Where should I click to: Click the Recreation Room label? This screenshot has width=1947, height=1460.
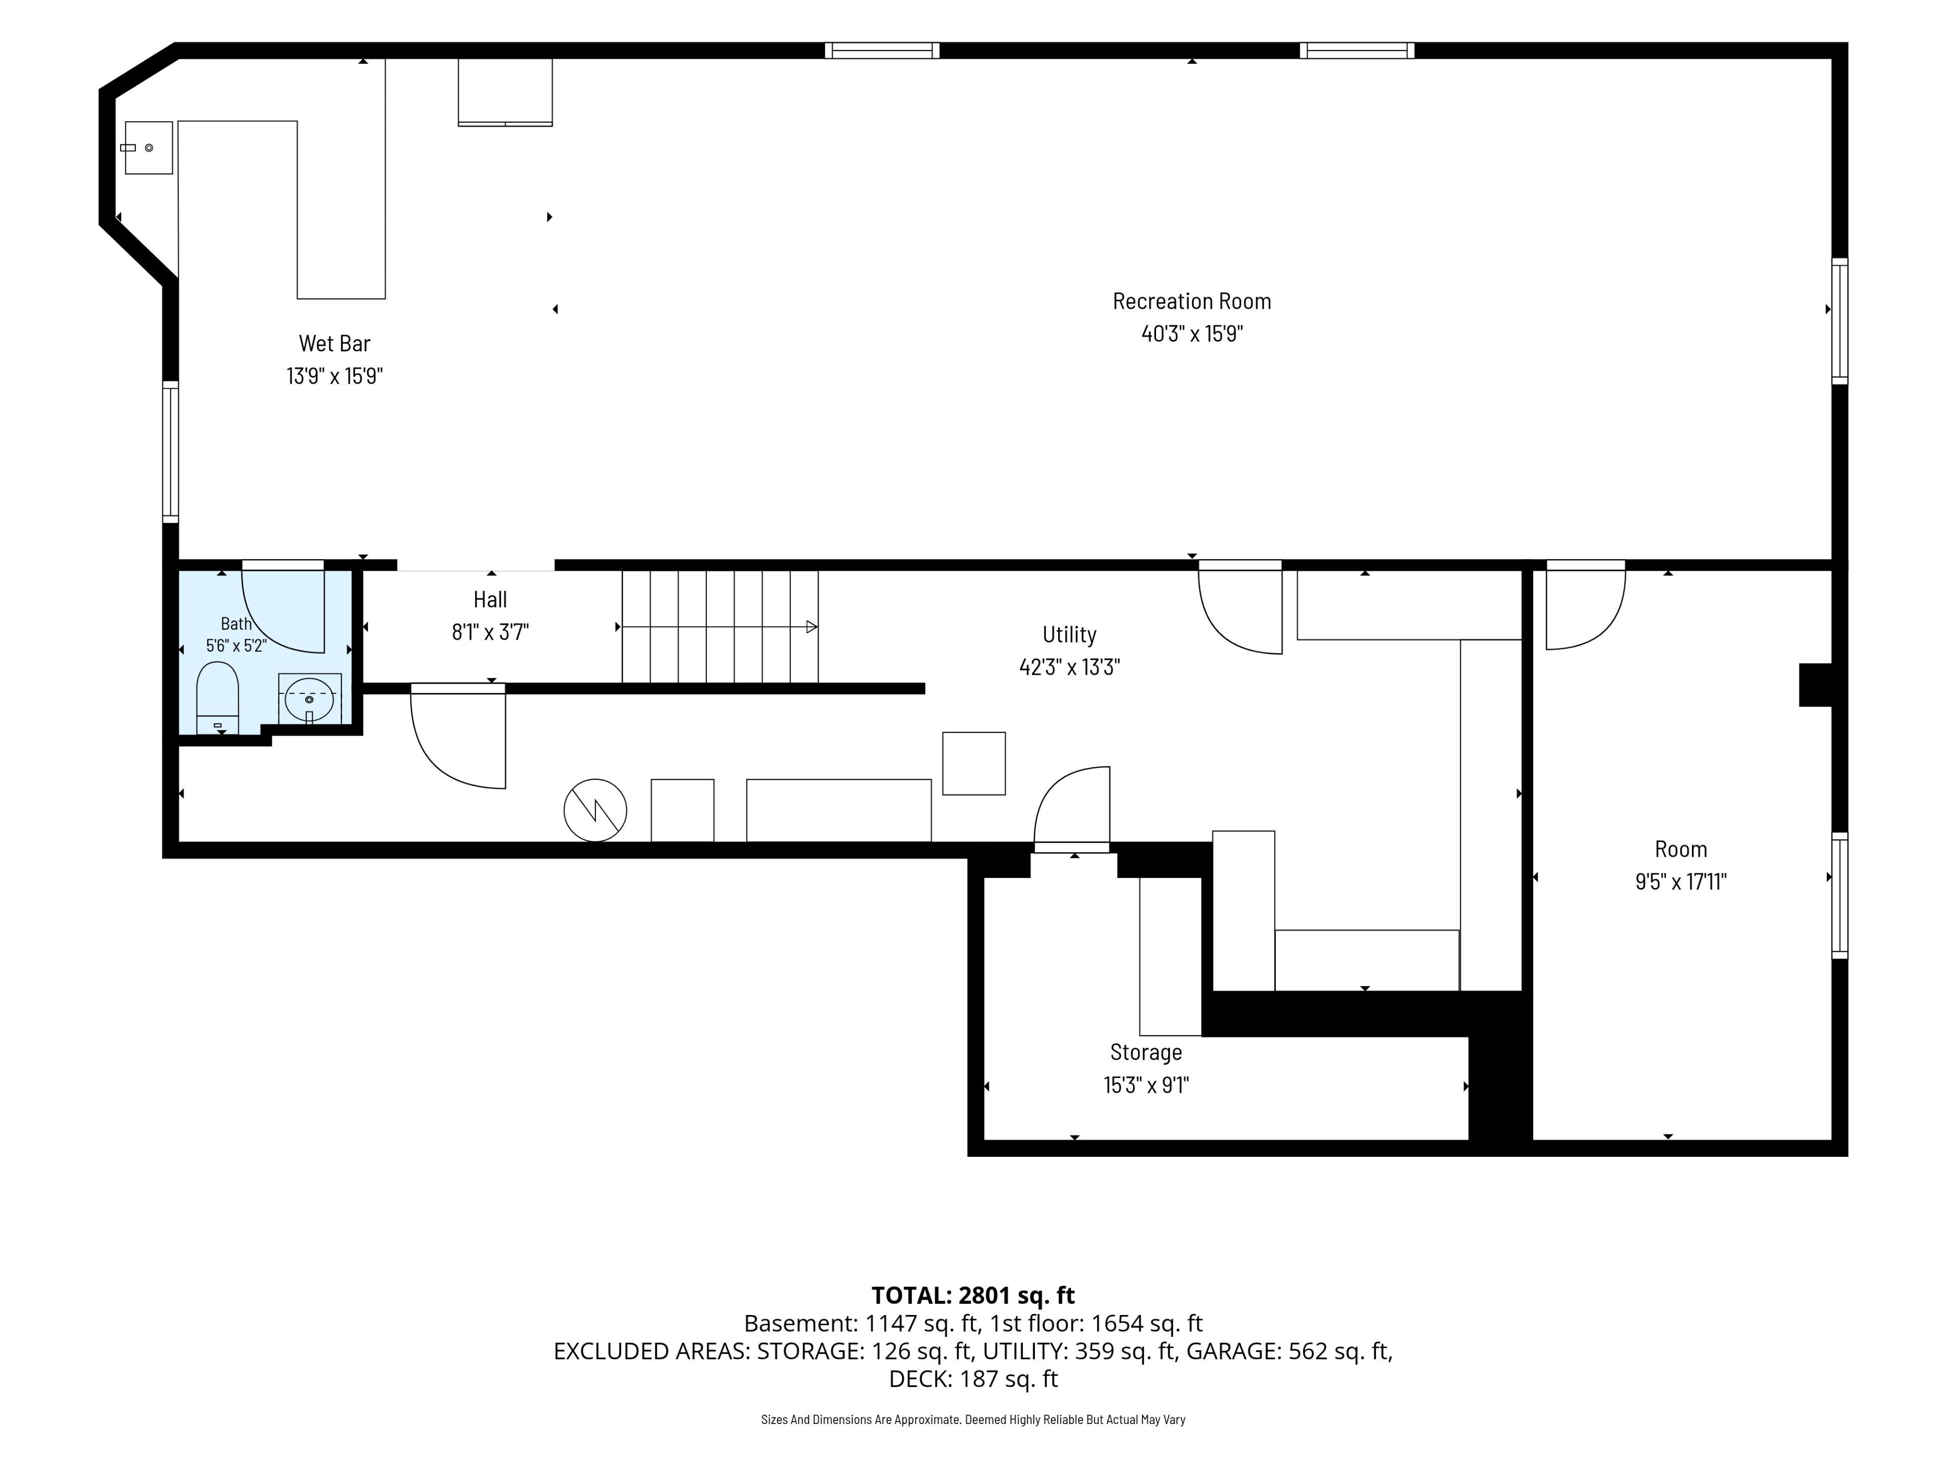point(1192,301)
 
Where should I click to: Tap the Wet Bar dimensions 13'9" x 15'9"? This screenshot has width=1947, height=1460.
point(335,376)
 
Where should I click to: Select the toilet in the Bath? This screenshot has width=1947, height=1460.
point(218,699)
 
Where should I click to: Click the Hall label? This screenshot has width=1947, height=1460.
point(490,599)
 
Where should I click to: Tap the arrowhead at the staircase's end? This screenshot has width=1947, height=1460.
point(812,627)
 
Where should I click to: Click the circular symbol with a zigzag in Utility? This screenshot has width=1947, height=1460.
point(595,810)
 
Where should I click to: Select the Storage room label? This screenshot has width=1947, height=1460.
point(1146,1052)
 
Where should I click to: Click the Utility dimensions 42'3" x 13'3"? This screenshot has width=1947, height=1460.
point(1069,667)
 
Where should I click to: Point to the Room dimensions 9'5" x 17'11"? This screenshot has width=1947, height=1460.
point(1681,882)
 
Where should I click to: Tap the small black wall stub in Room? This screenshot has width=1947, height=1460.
point(1816,685)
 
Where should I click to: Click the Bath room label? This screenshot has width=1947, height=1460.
point(236,624)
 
